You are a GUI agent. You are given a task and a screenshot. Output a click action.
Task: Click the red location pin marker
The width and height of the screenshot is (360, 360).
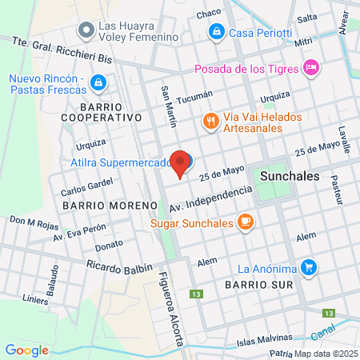click(181, 162)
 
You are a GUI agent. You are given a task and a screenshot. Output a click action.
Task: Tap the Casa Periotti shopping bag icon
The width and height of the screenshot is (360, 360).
click(215, 32)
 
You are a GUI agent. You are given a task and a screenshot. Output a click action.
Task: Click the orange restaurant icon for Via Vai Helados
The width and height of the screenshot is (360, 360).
click(210, 121)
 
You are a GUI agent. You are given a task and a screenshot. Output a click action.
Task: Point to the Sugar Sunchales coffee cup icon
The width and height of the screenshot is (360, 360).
click(246, 222)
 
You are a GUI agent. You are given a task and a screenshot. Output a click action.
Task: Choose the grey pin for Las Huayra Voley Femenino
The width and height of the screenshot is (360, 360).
click(86, 30)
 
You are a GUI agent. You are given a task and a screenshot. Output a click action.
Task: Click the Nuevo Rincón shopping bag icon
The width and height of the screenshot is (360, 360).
click(97, 82)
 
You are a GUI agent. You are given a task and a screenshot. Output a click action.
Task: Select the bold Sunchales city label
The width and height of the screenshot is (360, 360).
click(289, 176)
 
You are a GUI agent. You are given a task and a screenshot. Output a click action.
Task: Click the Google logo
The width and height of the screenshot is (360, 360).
click(26, 350)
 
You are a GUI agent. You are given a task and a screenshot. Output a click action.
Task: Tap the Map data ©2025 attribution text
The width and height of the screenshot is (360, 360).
click(326, 354)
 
